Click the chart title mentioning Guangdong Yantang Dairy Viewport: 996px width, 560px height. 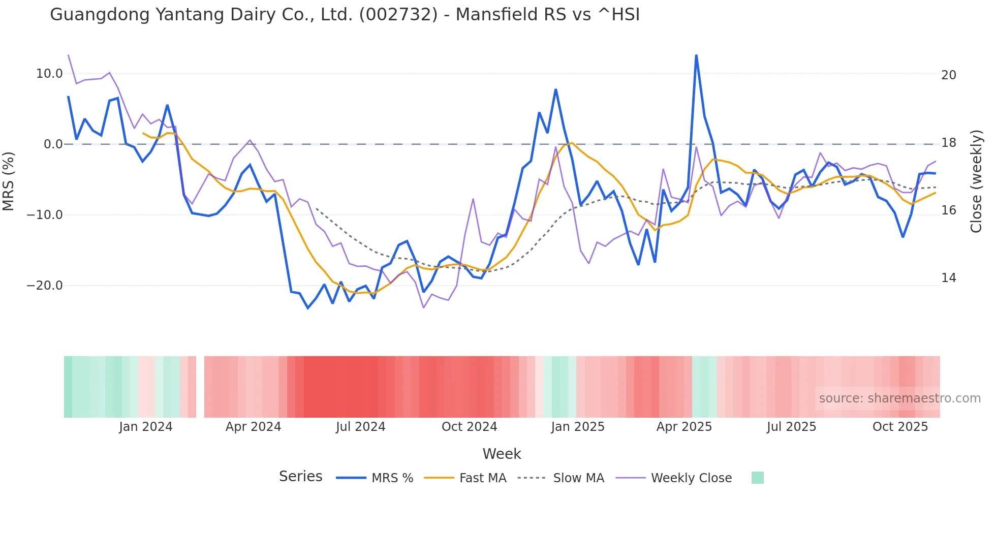point(345,15)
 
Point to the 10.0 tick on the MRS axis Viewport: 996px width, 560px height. point(49,74)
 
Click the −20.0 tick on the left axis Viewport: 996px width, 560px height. point(45,286)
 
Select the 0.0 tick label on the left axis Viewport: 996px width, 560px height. point(53,144)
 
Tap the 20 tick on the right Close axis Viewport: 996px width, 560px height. point(948,75)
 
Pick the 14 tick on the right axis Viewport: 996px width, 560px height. point(948,278)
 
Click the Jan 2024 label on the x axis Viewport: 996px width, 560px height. point(146,427)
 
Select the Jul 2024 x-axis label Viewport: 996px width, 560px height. point(360,427)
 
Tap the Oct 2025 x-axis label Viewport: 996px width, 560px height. point(900,427)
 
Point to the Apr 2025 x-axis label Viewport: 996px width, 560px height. point(684,427)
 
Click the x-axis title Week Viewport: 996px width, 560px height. point(502,454)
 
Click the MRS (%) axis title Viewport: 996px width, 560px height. point(9,181)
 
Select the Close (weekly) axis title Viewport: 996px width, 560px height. point(976,181)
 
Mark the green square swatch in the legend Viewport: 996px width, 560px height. point(757,478)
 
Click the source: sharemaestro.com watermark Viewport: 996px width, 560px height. point(899,398)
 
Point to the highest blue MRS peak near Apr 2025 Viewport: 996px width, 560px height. point(696,55)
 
